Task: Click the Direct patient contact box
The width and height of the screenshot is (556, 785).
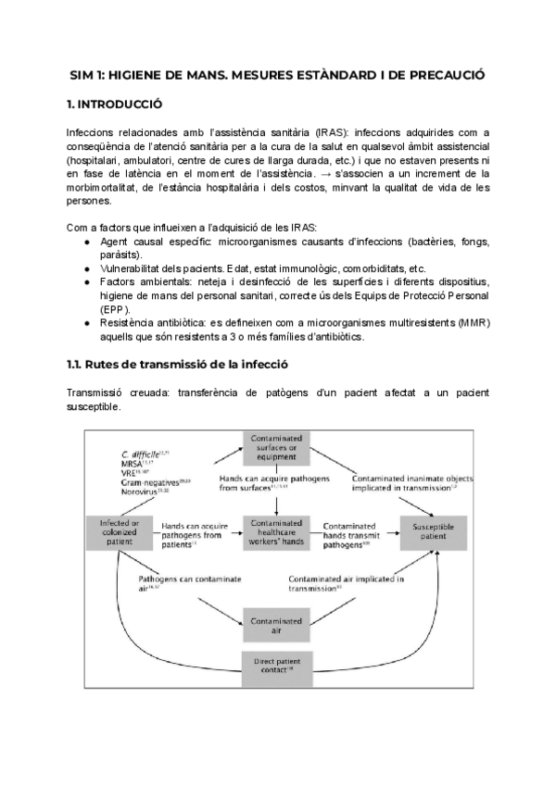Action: point(278,666)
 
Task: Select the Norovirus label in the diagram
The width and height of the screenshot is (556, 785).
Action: point(140,491)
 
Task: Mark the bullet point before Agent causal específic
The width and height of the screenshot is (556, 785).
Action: point(86,241)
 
